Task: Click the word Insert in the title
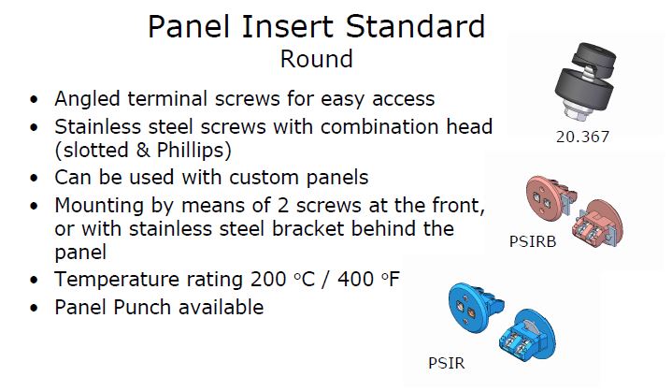pyautogui.click(x=288, y=26)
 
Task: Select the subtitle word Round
pyautogui.click(x=317, y=59)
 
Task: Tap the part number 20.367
pyautogui.click(x=582, y=138)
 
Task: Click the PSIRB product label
pyautogui.click(x=533, y=241)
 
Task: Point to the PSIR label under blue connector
pyautogui.click(x=446, y=363)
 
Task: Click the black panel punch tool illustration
pyautogui.click(x=585, y=82)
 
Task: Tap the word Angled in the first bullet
pyautogui.click(x=88, y=99)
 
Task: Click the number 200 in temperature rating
pyautogui.click(x=268, y=280)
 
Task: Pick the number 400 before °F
pyautogui.click(x=356, y=280)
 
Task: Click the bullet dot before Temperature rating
pyautogui.click(x=35, y=281)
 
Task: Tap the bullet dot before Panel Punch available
pyautogui.click(x=35, y=309)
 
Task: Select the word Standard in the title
pyautogui.click(x=415, y=26)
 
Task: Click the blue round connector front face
pyautogui.click(x=466, y=305)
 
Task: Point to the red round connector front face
pyautogui.click(x=543, y=198)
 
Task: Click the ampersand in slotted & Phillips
pyautogui.click(x=143, y=151)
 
